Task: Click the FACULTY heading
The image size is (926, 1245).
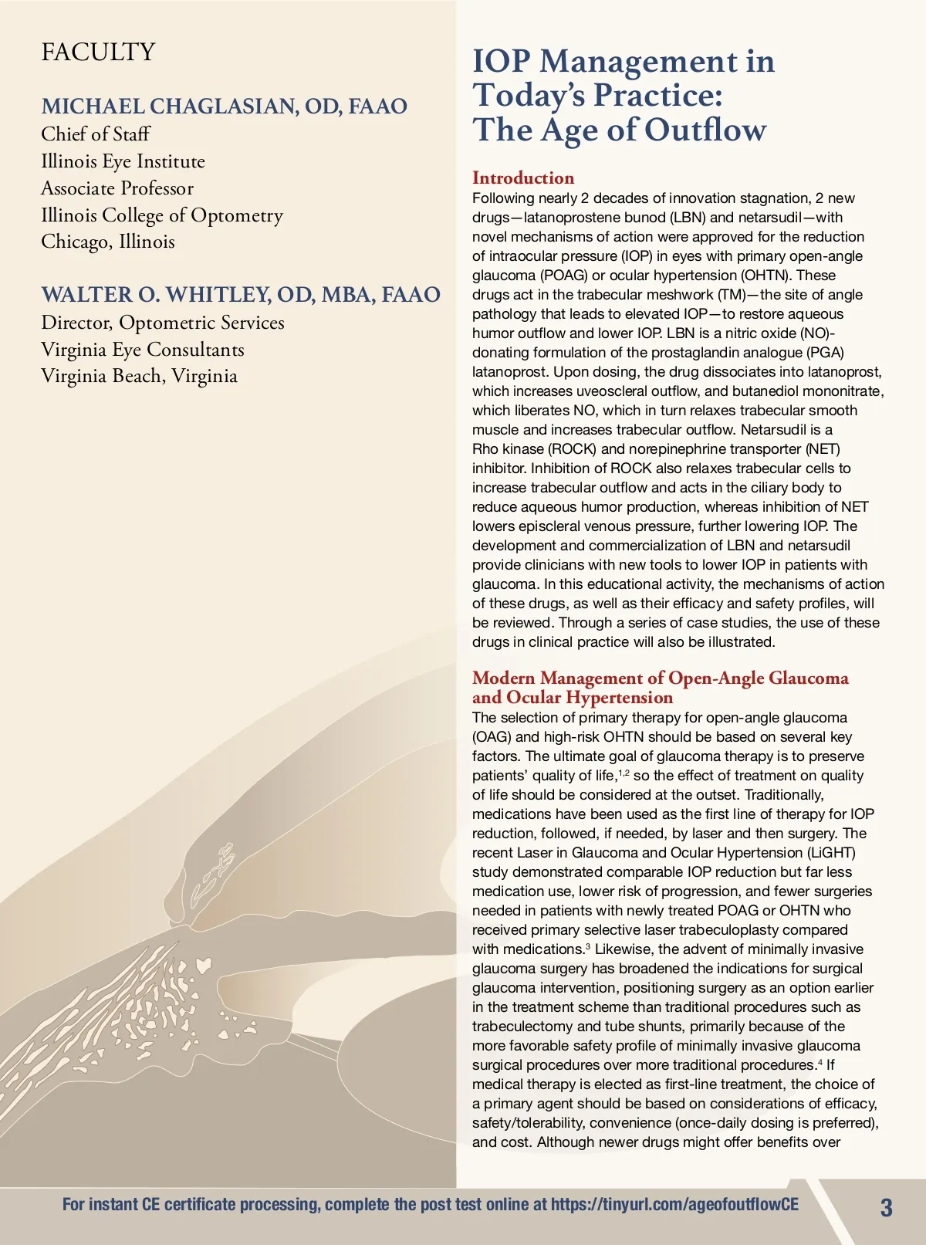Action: pyautogui.click(x=98, y=52)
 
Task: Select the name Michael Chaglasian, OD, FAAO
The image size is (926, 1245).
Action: pyautogui.click(x=224, y=107)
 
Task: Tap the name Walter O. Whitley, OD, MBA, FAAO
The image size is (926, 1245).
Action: pyautogui.click(x=241, y=295)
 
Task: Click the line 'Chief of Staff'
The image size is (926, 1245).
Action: pyautogui.click(x=96, y=134)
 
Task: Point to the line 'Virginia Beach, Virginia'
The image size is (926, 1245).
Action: pyautogui.click(x=139, y=377)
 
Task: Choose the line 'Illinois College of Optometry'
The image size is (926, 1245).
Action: pyautogui.click(x=162, y=215)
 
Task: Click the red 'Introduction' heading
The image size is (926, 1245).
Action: pyautogui.click(x=523, y=178)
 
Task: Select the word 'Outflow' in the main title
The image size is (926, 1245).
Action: pyautogui.click(x=705, y=130)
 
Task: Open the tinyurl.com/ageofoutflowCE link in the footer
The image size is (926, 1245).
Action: pyautogui.click(x=674, y=1205)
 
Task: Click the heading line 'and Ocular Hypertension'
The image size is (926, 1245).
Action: pyautogui.click(x=573, y=698)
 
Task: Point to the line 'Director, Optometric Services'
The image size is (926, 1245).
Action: pyautogui.click(x=163, y=323)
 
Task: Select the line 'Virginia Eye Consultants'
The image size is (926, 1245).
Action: pyautogui.click(x=143, y=350)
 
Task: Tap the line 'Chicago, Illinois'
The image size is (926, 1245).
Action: pyautogui.click(x=108, y=242)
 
